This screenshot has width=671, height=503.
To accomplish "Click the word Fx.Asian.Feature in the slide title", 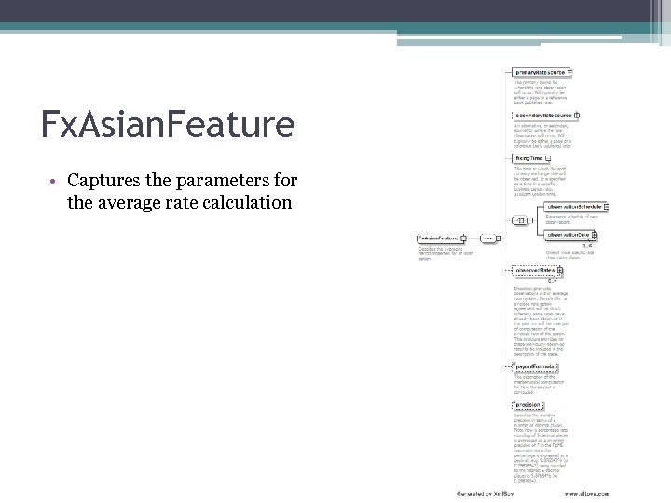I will click(168, 123).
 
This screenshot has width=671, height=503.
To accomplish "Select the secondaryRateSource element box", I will click(544, 116).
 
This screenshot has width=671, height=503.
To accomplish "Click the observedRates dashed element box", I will click(539, 271).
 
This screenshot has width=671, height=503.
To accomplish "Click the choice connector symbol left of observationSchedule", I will click(519, 220).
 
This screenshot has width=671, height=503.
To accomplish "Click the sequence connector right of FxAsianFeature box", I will click(486, 238).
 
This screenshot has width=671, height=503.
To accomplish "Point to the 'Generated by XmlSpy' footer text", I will click(483, 491).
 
